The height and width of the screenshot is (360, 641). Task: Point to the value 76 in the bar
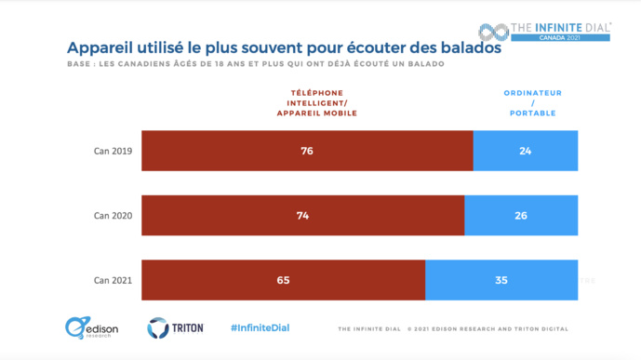(x=307, y=151)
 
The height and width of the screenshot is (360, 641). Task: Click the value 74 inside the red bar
(x=302, y=215)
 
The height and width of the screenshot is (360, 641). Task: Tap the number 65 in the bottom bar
(x=283, y=279)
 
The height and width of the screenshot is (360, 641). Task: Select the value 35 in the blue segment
(x=501, y=279)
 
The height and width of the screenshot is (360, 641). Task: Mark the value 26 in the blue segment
(x=520, y=215)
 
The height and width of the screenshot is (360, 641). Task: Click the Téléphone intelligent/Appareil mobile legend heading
(x=317, y=102)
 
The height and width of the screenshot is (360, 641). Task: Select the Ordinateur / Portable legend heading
(x=532, y=102)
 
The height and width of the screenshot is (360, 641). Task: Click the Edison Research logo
(x=87, y=327)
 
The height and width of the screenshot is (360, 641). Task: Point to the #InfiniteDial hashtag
(x=261, y=328)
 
